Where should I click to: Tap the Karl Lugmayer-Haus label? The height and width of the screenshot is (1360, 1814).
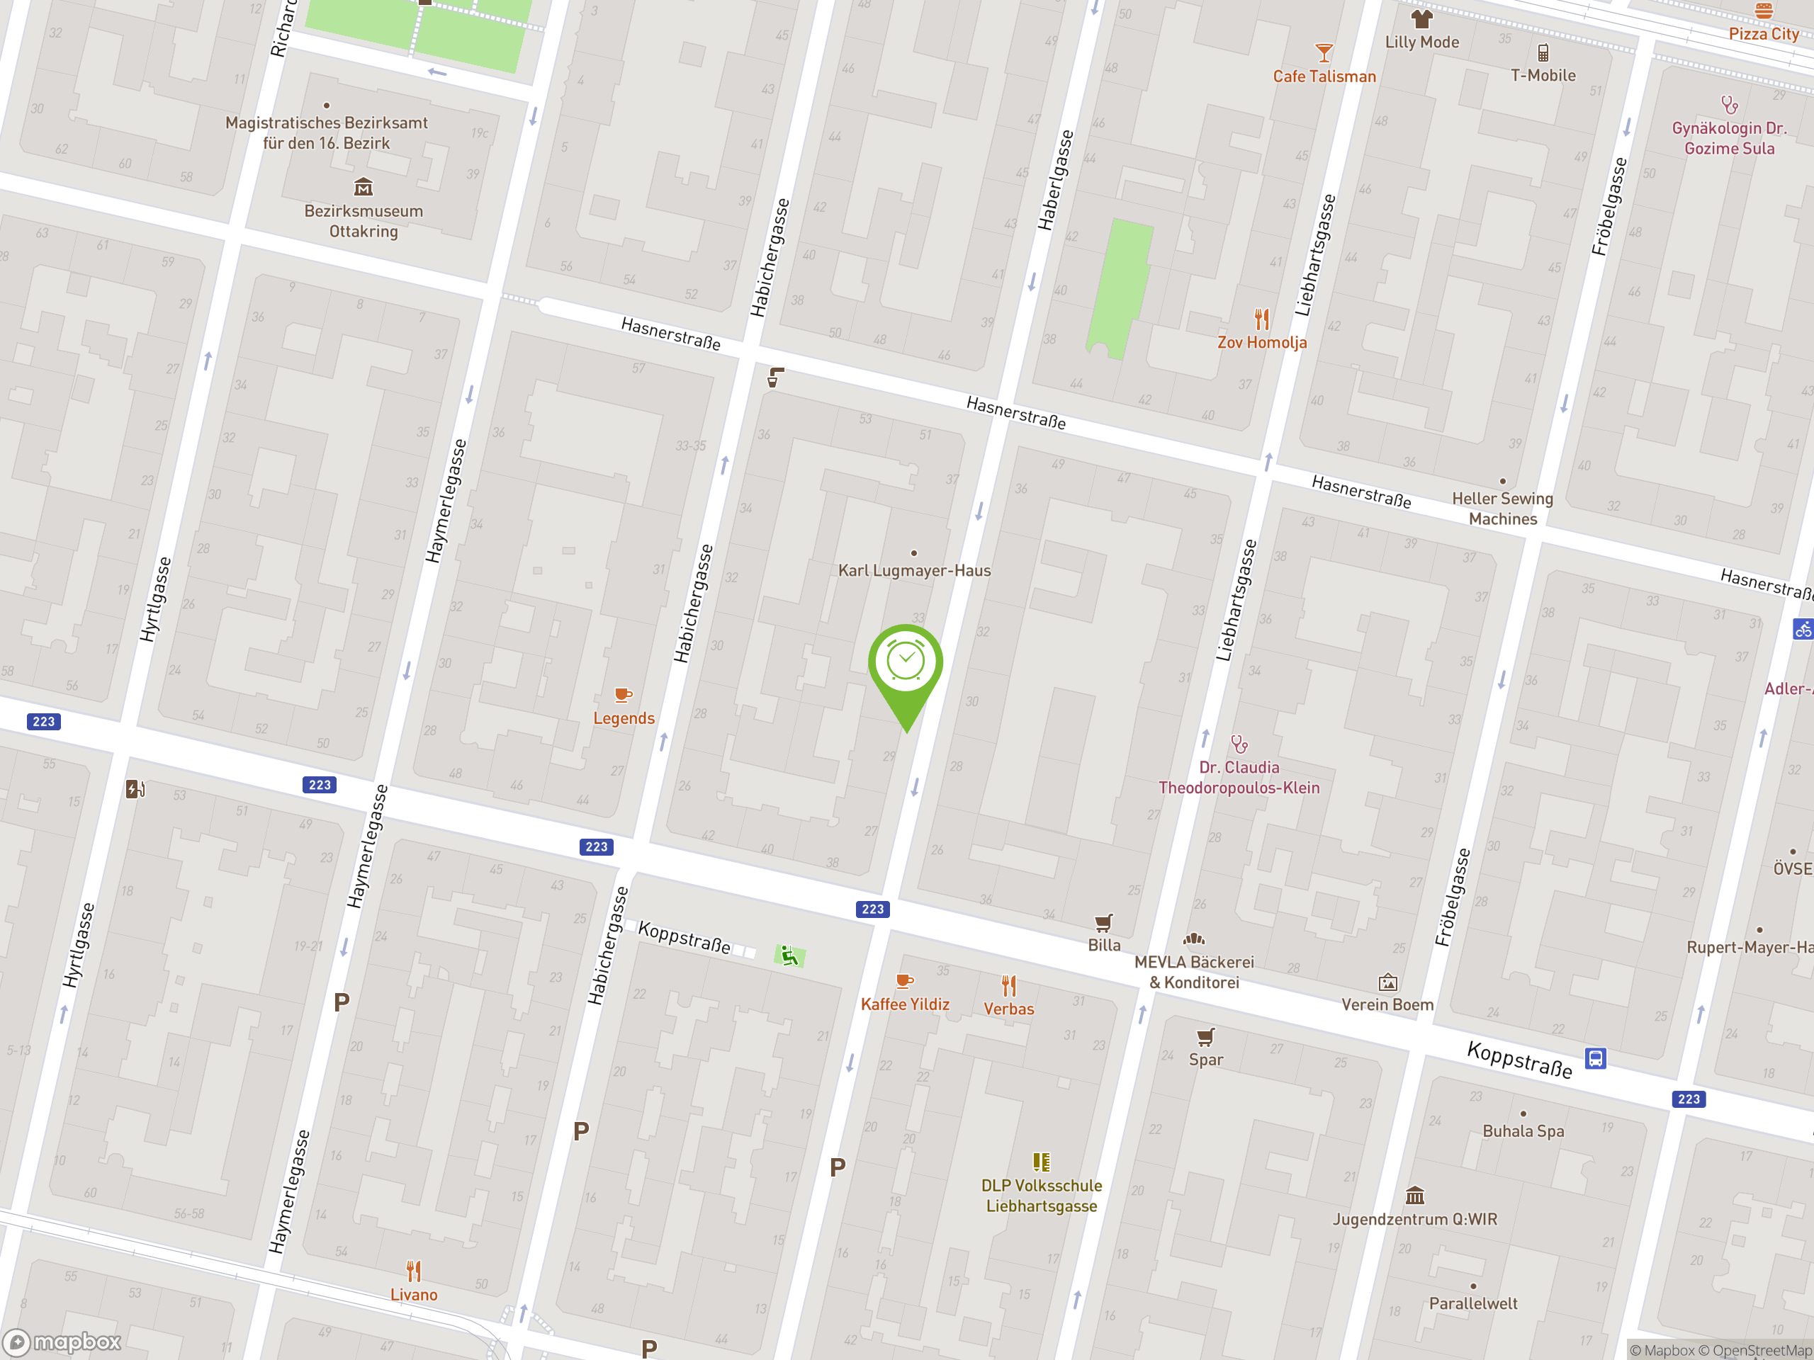(913, 570)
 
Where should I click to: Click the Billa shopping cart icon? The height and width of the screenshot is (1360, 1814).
(1104, 923)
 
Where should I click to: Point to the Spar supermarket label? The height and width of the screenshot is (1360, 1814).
(1205, 1060)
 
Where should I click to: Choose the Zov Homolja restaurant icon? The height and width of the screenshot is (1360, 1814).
(1262, 318)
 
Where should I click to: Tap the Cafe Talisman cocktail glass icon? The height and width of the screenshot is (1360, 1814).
(1324, 53)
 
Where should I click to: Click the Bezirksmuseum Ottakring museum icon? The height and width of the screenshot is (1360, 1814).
(364, 188)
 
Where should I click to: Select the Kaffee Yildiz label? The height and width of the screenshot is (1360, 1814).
(905, 1004)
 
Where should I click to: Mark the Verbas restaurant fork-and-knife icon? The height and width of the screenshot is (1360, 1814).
(1009, 985)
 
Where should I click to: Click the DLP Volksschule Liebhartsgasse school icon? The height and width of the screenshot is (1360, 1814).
(1042, 1162)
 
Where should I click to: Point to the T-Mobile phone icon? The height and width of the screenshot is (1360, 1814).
(1543, 53)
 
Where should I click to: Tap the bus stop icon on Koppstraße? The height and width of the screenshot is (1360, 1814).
(1595, 1058)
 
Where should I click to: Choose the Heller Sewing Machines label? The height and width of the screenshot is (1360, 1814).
(1502, 509)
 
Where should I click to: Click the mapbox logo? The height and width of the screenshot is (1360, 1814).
(63, 1342)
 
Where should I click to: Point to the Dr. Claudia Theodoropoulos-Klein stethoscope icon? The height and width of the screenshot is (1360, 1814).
(1239, 744)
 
